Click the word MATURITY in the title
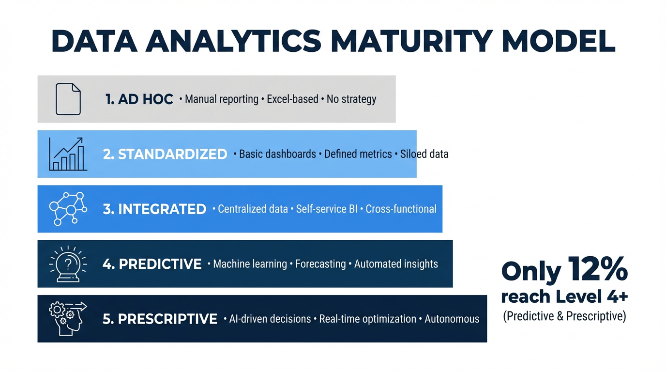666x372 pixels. coord(411,41)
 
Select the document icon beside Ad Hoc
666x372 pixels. coord(68,99)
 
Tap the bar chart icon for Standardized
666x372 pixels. coord(68,154)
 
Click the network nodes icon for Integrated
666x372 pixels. coord(68,209)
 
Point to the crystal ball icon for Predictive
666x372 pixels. coord(68,264)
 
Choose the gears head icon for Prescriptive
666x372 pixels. coord(68,319)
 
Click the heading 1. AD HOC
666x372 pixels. coord(139,99)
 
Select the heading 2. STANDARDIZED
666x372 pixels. coord(165,154)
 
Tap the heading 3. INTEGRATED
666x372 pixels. coord(154,209)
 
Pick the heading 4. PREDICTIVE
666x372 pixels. coord(152,264)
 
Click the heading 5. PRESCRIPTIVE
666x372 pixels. coord(160,319)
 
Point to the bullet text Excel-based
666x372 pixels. coord(292,99)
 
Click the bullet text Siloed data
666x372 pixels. coord(424,154)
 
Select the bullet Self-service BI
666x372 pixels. coord(327,209)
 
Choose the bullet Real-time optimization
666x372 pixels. coord(368,319)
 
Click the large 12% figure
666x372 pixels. coord(598,269)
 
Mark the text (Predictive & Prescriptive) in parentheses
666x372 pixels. coord(565,316)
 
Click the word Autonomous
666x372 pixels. coord(452,319)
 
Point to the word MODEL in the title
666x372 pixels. coord(559,41)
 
